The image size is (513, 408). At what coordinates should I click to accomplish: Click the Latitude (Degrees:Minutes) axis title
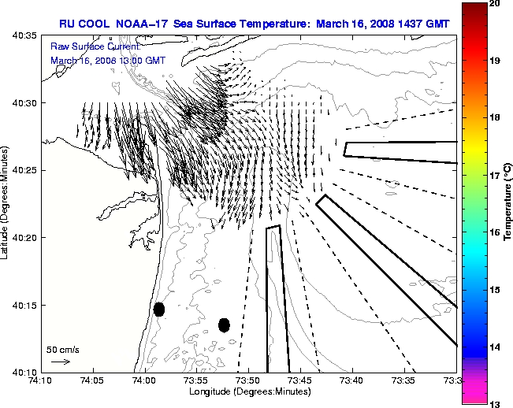(x=6, y=203)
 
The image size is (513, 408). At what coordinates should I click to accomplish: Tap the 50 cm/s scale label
(x=63, y=349)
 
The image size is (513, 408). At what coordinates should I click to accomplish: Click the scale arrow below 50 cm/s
(x=61, y=362)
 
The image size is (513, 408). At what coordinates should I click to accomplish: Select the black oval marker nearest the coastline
(x=159, y=309)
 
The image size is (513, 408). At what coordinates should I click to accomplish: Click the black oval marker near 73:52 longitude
(x=224, y=325)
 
